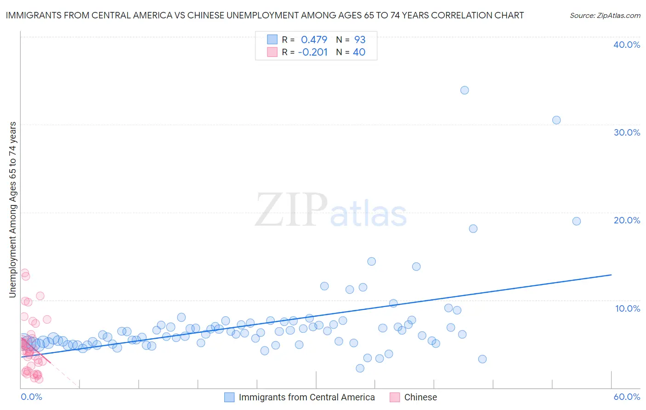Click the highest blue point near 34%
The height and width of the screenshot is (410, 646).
465,90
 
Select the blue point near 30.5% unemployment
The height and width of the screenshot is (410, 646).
556,120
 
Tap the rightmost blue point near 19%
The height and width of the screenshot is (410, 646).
577,221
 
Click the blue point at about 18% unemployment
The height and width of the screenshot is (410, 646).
473,228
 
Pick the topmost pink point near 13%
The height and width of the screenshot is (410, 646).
25,273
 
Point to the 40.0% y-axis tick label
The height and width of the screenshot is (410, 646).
627,45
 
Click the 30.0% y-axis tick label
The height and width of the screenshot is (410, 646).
627,132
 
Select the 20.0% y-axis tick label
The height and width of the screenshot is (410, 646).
627,220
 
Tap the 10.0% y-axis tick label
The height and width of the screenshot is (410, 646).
627,308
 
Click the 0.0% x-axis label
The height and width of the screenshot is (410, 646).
31,397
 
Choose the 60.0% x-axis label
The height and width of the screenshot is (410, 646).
627,397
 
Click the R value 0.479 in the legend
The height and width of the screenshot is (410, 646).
314,40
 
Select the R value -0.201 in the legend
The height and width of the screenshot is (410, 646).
312,52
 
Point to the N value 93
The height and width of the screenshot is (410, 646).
359,40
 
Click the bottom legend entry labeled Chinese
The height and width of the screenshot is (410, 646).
420,397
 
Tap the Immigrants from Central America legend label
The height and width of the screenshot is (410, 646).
306,397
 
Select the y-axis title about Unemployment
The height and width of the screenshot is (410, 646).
13,210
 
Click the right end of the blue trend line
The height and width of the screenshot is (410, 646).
611,275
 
